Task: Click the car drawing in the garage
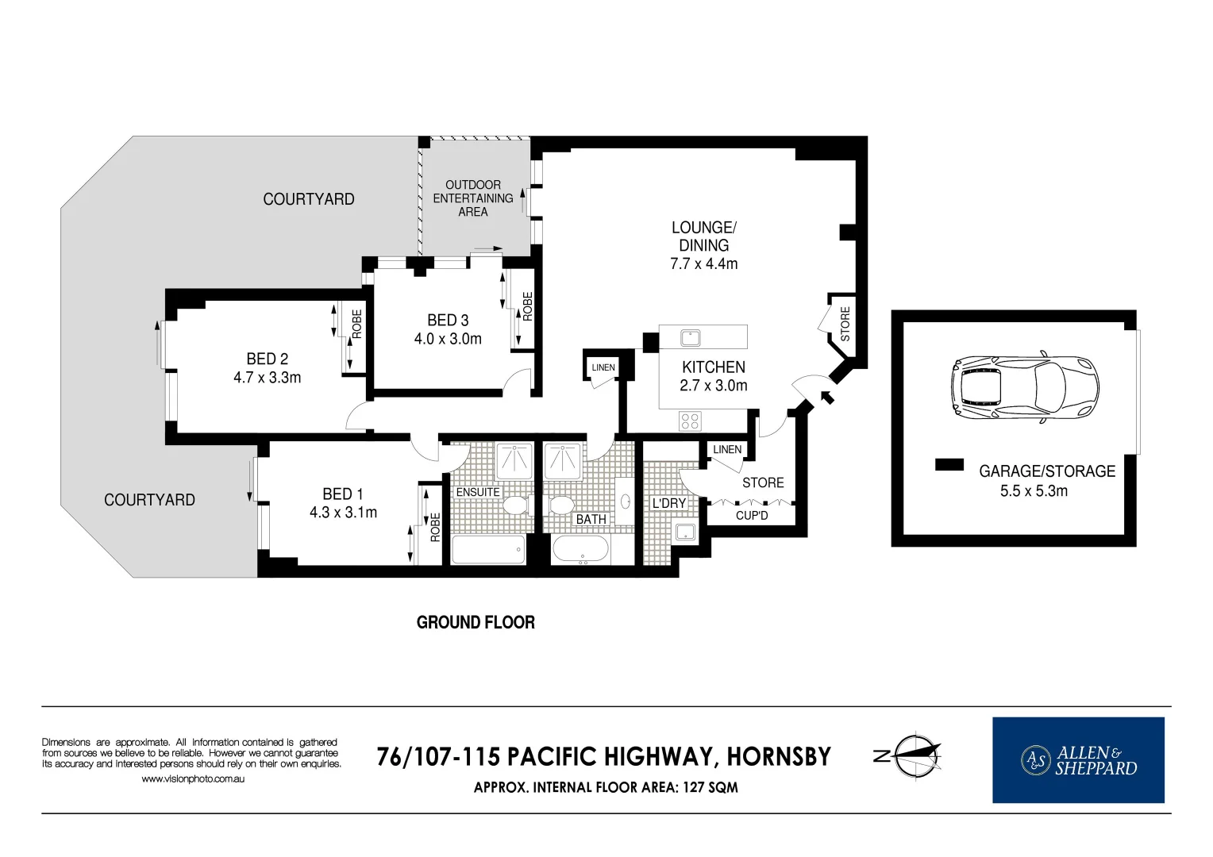point(1025,387)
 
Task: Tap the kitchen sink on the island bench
point(691,338)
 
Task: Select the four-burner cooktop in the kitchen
point(689,421)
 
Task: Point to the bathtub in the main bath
point(580,549)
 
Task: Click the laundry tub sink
point(685,532)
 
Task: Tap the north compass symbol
point(909,756)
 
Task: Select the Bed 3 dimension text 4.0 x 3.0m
point(448,339)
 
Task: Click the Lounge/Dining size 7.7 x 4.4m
point(704,263)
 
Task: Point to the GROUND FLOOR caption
point(476,623)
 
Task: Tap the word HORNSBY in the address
point(779,757)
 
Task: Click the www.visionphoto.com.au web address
point(193,779)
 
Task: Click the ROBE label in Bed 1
point(435,527)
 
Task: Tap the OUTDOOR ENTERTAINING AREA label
point(473,198)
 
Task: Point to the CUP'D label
point(752,516)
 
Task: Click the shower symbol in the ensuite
point(514,461)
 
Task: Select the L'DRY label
point(668,503)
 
